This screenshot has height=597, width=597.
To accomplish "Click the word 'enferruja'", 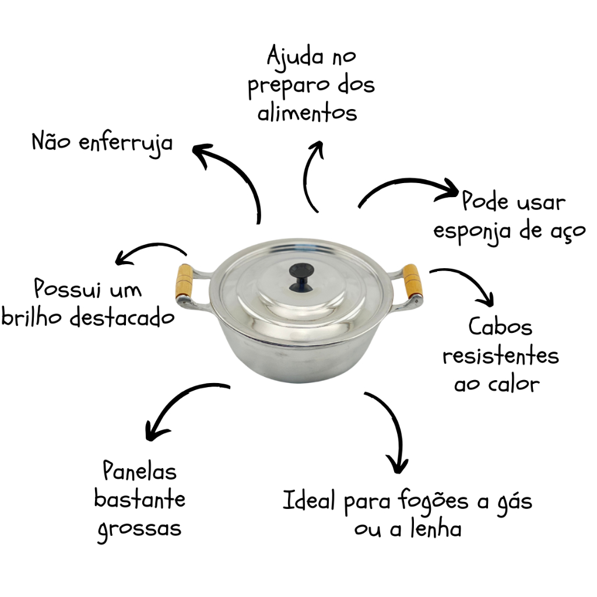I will tap(126, 143).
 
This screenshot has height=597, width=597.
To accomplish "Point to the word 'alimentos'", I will tap(307, 112).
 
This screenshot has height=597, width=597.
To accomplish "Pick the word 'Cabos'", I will tap(501, 326).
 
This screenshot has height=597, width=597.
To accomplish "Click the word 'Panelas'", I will tap(139, 471).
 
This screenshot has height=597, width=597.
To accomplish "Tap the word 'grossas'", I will tap(139, 529).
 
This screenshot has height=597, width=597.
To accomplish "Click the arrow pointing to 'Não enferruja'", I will tap(233, 175).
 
